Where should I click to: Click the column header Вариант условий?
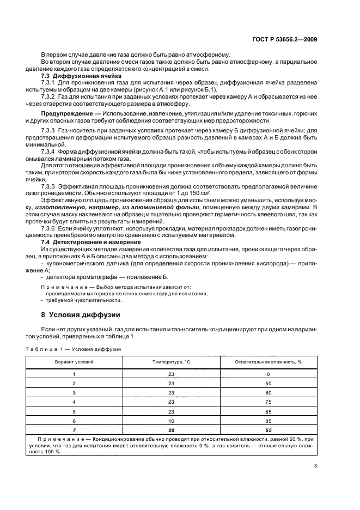[74, 362]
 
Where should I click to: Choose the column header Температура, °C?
[171, 362]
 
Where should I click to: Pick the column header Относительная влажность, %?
[269, 362]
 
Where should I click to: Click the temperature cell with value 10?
[171, 421]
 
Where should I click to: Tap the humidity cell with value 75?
[269, 402]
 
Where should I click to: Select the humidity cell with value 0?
[269, 374]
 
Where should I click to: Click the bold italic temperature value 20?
[171, 430]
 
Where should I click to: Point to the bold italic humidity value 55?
[269, 430]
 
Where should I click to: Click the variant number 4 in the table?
[74, 402]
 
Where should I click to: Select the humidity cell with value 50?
[269, 383]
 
